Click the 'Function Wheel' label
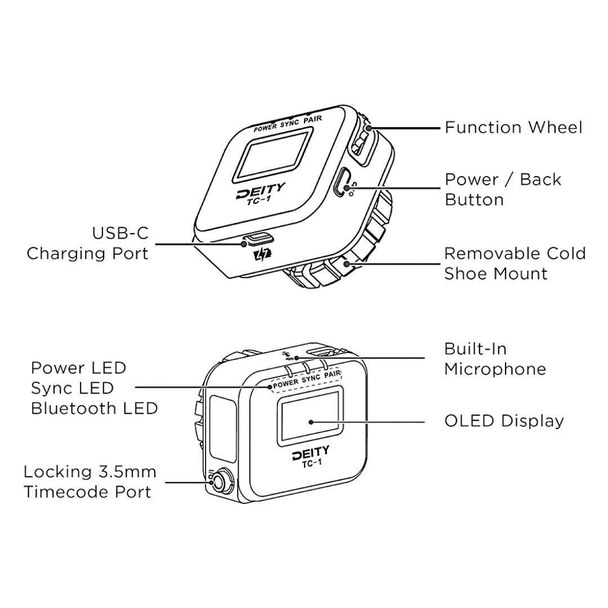[513, 128]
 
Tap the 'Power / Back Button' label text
[503, 190]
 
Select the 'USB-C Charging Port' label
[88, 243]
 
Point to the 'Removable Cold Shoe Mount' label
[515, 263]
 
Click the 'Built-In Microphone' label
[495, 359]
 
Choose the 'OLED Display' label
[504, 421]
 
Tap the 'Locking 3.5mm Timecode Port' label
[90, 482]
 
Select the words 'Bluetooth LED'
[94, 408]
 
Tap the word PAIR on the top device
[313, 119]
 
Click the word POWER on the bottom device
[286, 383]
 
